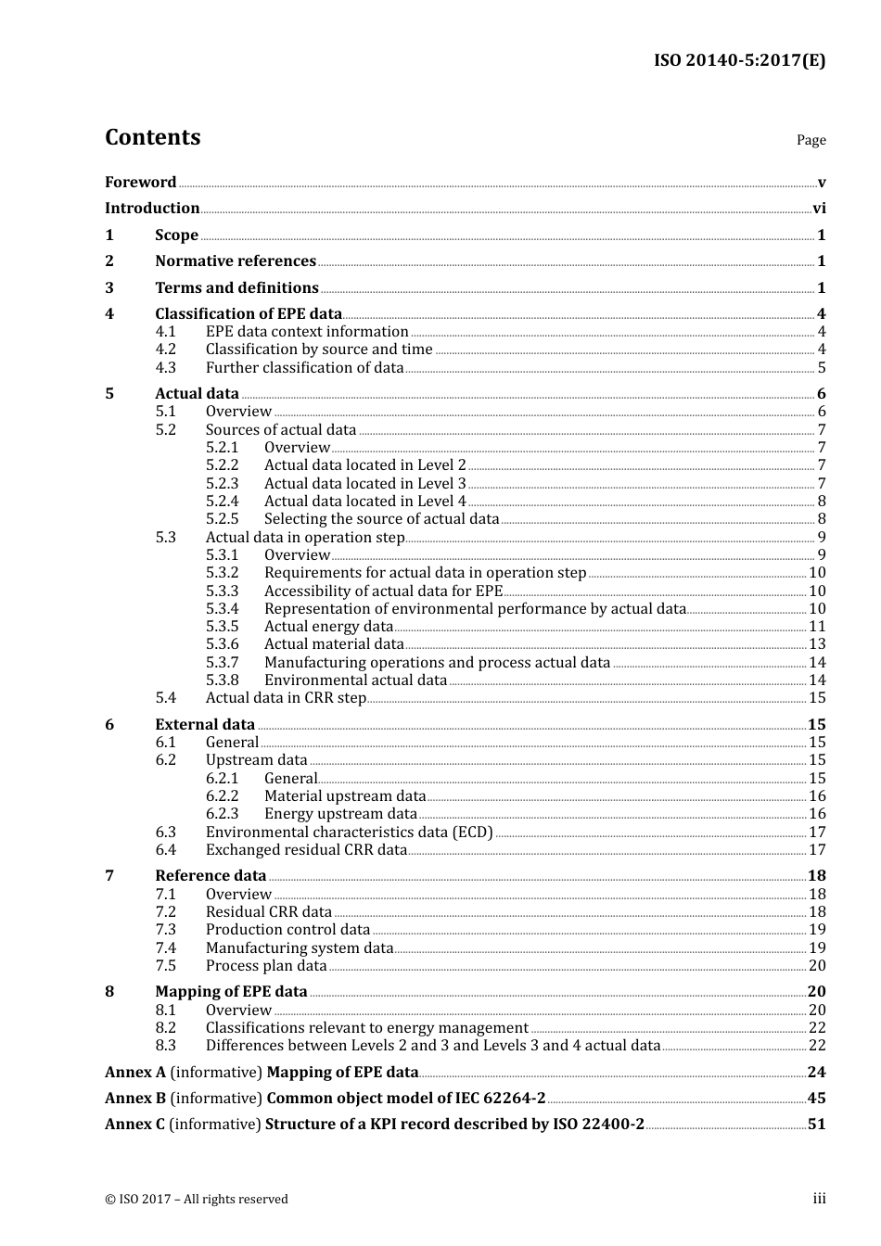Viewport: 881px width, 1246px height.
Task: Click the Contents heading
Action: click(x=152, y=137)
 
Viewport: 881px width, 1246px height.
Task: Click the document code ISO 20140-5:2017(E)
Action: click(x=739, y=60)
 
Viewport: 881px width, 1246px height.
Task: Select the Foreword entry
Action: click(x=140, y=183)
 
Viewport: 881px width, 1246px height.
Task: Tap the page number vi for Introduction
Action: click(x=818, y=209)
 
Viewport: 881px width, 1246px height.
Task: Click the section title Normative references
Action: click(x=236, y=261)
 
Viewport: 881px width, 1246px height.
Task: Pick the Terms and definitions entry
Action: click(x=236, y=288)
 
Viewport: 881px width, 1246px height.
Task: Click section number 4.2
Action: click(x=165, y=350)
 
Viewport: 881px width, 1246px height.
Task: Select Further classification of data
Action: click(x=304, y=368)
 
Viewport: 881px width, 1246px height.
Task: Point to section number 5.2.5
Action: click(x=222, y=519)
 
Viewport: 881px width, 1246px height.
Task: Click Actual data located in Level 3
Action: click(x=364, y=484)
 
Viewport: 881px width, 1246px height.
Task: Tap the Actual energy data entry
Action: click(x=328, y=627)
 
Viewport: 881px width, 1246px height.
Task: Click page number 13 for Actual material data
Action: click(x=817, y=644)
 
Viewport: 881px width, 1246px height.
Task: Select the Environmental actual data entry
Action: click(x=355, y=680)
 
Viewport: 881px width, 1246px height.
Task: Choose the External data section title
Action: click(x=205, y=725)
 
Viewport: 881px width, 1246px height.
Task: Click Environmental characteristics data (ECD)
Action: click(x=349, y=833)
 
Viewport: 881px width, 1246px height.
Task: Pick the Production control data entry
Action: click(x=287, y=930)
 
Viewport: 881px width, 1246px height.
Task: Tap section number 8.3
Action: click(x=165, y=1046)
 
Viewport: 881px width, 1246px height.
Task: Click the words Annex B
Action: click(x=135, y=1099)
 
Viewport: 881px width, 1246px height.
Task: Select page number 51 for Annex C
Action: click(x=816, y=1125)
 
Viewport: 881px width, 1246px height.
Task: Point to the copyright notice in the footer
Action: click(x=197, y=1200)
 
